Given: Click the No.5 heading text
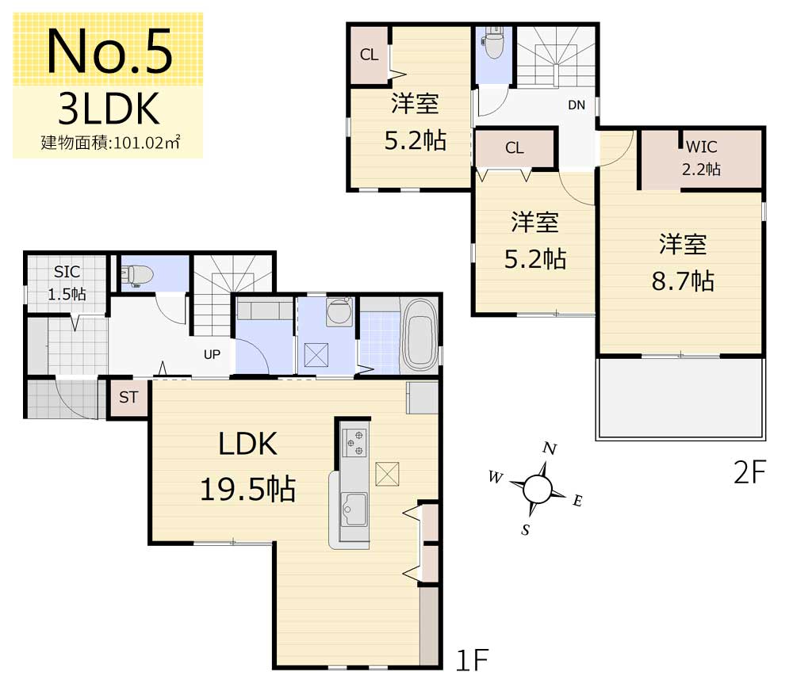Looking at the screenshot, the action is (x=109, y=52).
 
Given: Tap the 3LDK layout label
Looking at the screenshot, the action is (x=109, y=109).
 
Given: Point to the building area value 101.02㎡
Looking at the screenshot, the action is (x=147, y=143).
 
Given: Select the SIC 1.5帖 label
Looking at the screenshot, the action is (x=67, y=283).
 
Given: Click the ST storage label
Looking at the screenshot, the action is (x=128, y=397).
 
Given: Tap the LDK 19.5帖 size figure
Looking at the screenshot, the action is (x=247, y=490).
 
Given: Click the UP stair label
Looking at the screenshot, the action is (x=212, y=354).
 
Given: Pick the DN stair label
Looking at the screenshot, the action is (x=577, y=105).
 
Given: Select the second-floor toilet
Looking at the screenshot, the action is (x=493, y=43).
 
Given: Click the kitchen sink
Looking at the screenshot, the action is (x=354, y=510).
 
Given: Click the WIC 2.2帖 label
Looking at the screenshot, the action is (x=701, y=158).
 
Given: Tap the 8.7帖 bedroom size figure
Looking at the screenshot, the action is (x=683, y=281).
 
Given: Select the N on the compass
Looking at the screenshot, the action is (x=550, y=448).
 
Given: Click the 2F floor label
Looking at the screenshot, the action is (x=750, y=472).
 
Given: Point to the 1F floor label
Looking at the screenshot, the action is (x=473, y=660).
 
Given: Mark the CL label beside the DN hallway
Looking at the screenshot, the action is (x=515, y=147).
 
